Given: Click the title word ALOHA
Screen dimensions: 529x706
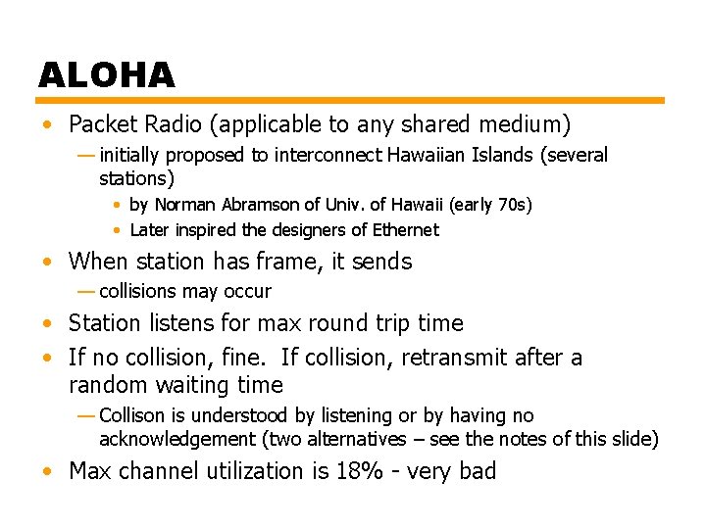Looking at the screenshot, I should (x=106, y=74).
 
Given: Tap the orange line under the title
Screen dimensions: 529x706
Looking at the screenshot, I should (x=351, y=100).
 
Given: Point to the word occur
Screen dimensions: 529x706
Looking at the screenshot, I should (x=249, y=291).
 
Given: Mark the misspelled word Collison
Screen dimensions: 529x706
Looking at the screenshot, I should (x=133, y=416).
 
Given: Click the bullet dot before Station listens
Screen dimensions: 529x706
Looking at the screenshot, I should (x=47, y=323).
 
